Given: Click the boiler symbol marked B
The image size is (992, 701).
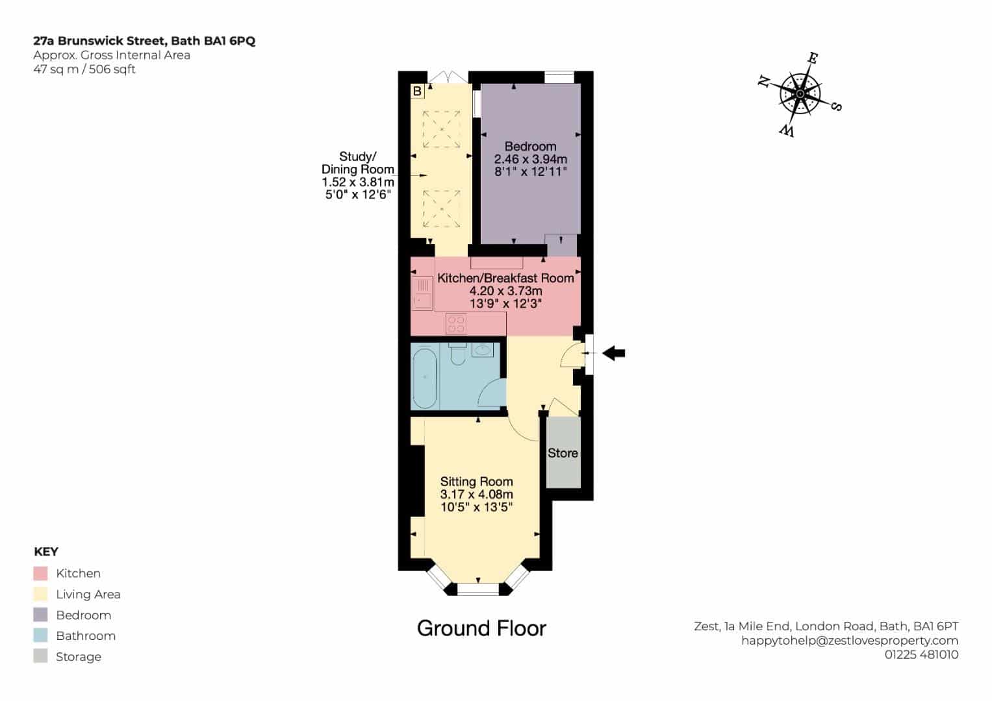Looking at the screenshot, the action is coord(417,92).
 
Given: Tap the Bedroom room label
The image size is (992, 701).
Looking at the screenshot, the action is coord(530,147).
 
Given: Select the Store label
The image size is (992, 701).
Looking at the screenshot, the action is coord(563,453).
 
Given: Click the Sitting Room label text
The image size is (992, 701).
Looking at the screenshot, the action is coord(477,482).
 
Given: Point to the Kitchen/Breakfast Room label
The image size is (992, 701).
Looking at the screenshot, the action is coord(505,278).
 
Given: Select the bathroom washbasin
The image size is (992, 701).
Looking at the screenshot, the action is coord(482,350).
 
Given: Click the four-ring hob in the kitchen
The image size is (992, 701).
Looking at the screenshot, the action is coord(456,323).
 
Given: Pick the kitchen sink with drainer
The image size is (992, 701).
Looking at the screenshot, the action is coord(422,293).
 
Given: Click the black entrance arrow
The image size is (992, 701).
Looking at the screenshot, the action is coord(613,353).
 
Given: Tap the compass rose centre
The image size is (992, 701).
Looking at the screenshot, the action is coord(800,94).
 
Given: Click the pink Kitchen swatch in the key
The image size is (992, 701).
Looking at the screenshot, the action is coord(40,574).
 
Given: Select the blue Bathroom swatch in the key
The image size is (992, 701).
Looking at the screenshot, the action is coord(40,636).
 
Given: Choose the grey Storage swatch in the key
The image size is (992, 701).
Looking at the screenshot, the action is coord(40,656).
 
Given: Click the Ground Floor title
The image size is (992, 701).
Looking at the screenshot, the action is coord(482,628).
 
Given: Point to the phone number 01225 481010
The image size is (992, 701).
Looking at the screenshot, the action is coord(922,654).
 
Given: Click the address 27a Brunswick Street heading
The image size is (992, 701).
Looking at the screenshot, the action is coord(144,41).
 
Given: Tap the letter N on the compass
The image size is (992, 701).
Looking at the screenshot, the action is coord(763,81).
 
